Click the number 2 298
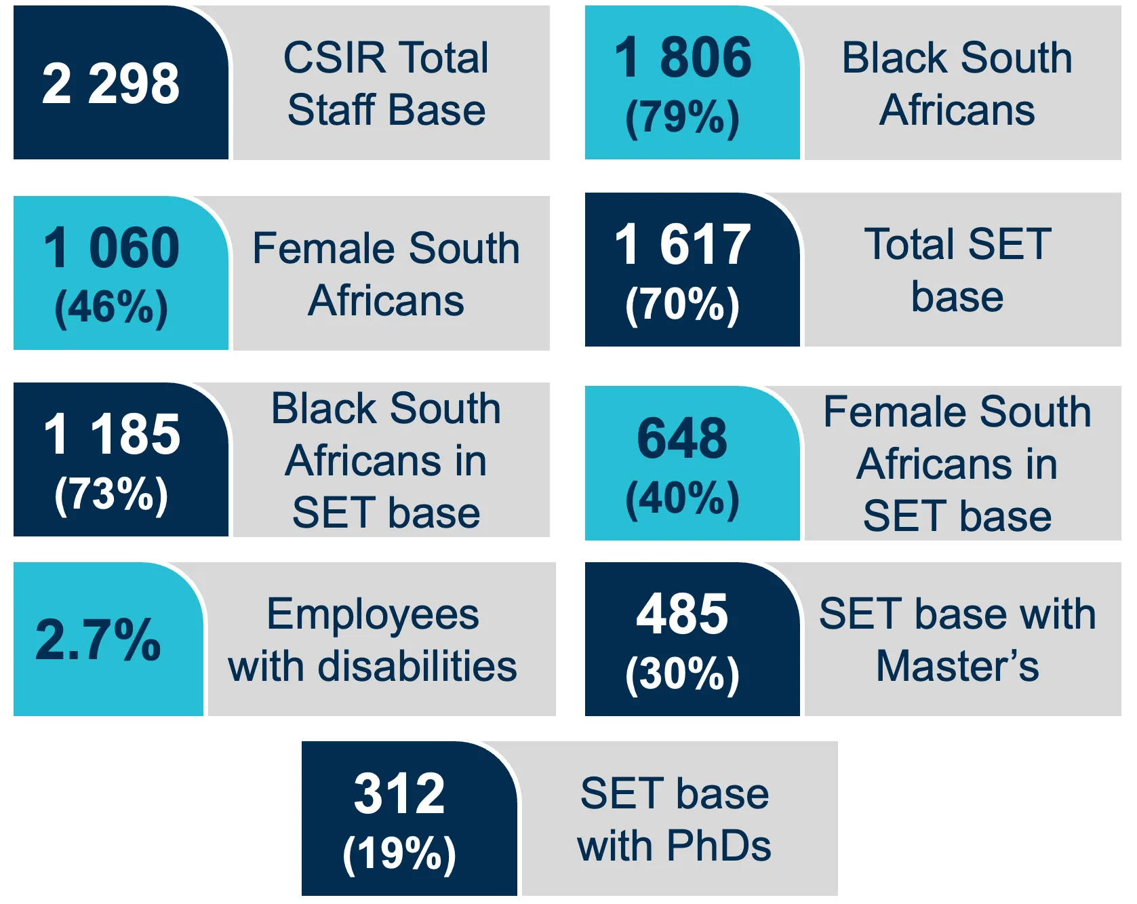111,83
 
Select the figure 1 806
683,57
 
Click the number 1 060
111,248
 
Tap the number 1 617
683,244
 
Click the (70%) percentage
682,304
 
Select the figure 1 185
112,434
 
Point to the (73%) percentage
111,494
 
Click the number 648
682,438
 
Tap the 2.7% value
98,640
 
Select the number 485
682,614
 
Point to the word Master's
957,667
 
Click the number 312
399,793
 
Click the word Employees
373,614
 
